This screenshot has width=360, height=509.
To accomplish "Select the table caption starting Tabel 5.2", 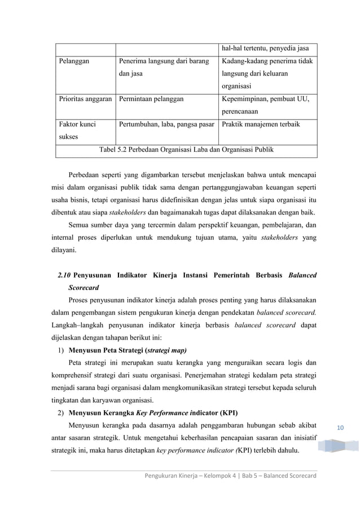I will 187,149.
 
